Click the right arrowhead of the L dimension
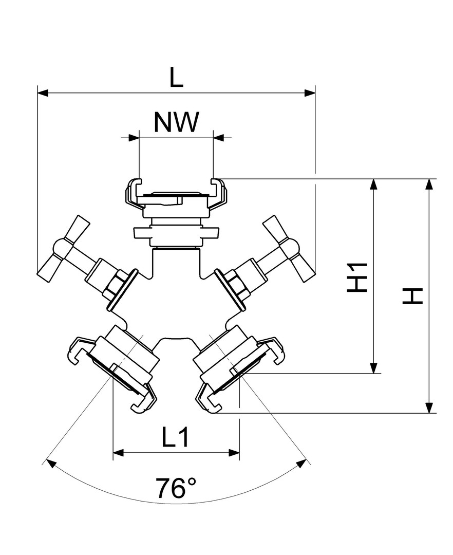coord(310,93)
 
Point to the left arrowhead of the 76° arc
coord(51,463)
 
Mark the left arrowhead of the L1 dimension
coord(118,453)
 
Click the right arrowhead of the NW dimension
coord(218,138)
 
